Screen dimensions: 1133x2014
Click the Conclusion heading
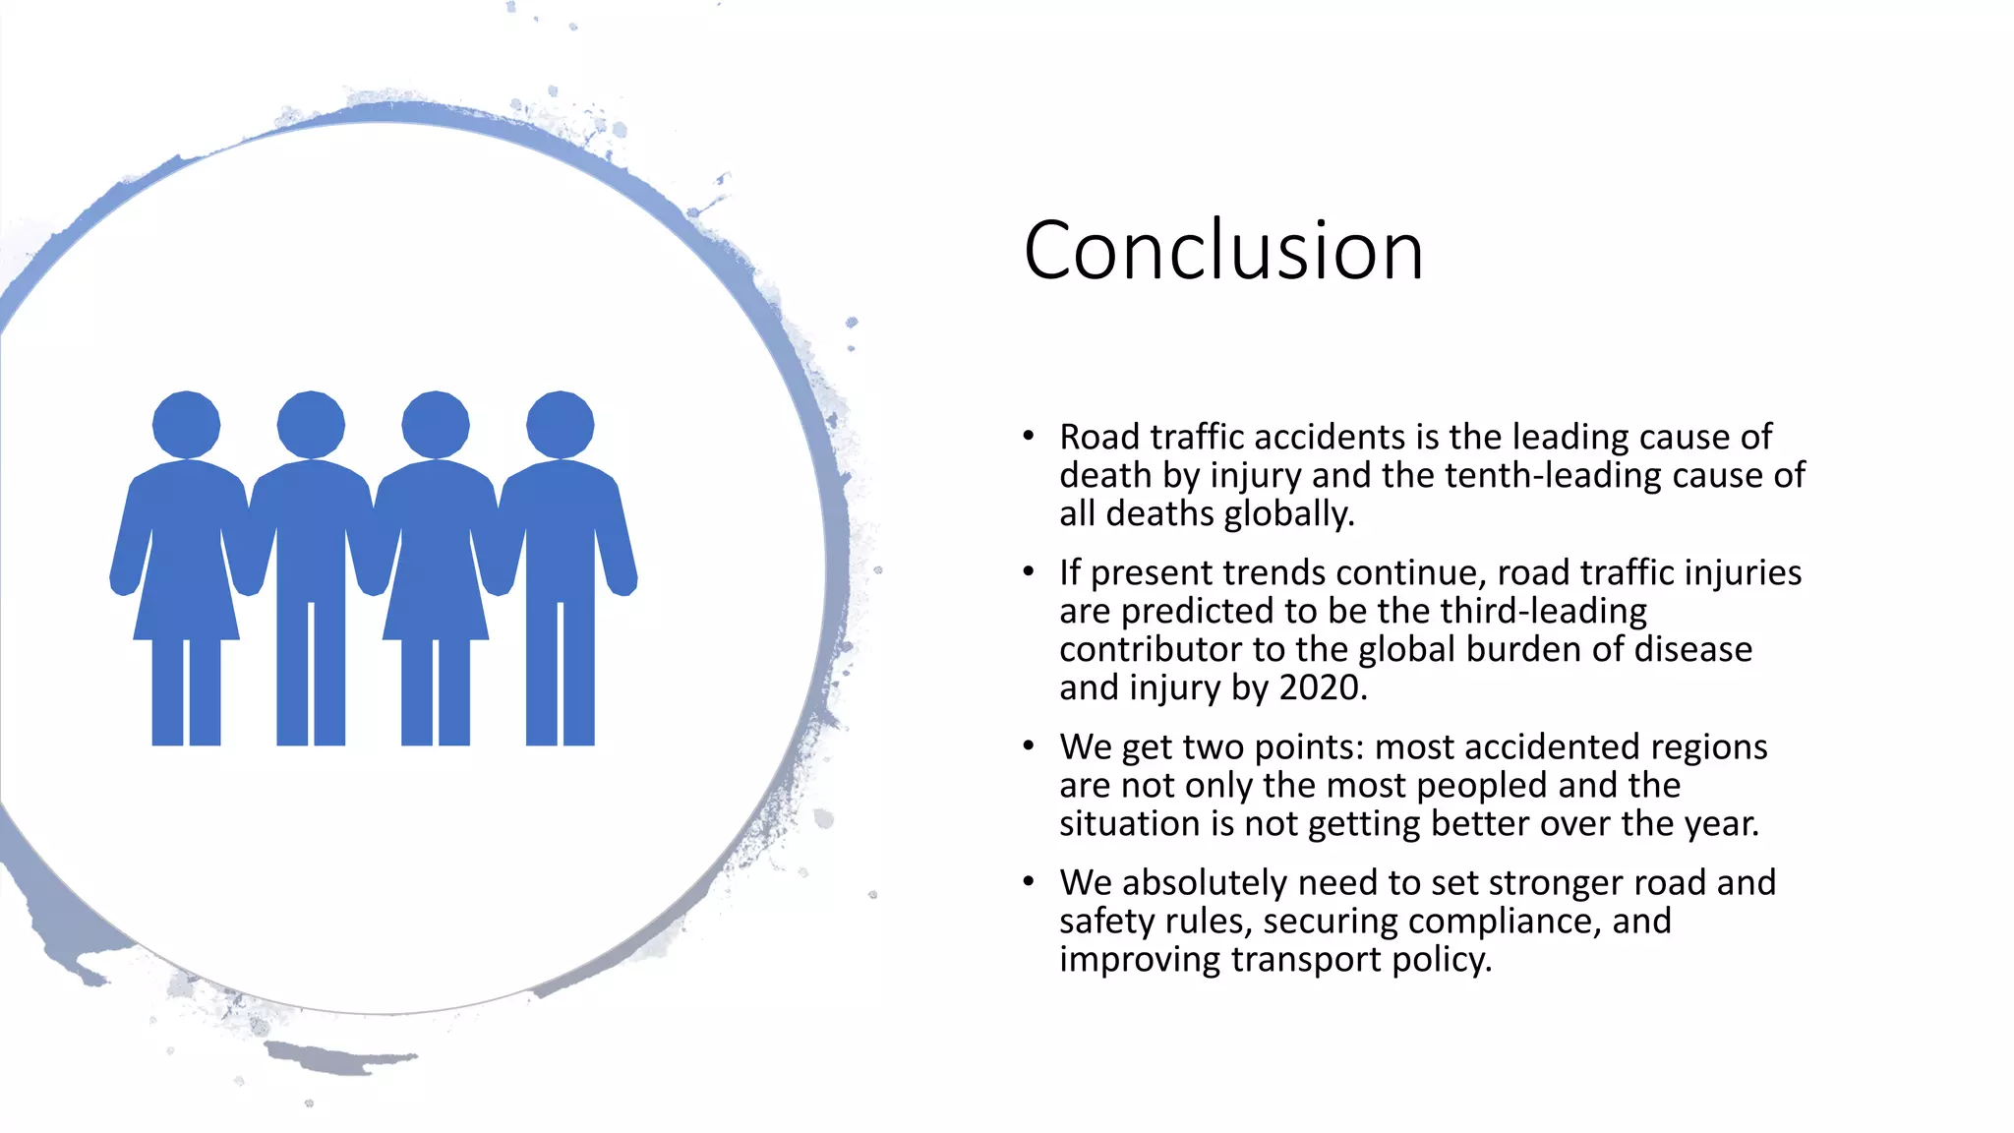point(1223,252)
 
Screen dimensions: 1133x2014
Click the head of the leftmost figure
point(186,425)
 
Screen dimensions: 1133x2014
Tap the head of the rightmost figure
point(561,425)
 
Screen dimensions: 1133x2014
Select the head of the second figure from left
point(311,425)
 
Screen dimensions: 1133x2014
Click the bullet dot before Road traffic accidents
point(1028,437)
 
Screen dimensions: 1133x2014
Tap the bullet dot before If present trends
point(1028,572)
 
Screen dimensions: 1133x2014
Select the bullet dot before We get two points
point(1028,746)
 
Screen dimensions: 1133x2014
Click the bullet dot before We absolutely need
point(1028,882)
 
